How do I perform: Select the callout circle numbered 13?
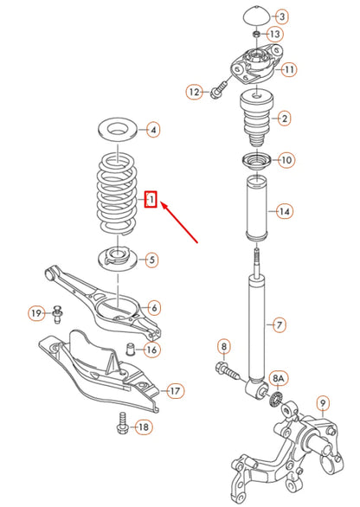(x=274, y=34)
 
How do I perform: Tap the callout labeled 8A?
(x=279, y=377)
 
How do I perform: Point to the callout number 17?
(x=174, y=391)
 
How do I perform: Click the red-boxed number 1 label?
(x=151, y=201)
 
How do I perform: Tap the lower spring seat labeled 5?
(x=115, y=257)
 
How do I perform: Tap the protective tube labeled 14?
(x=256, y=210)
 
